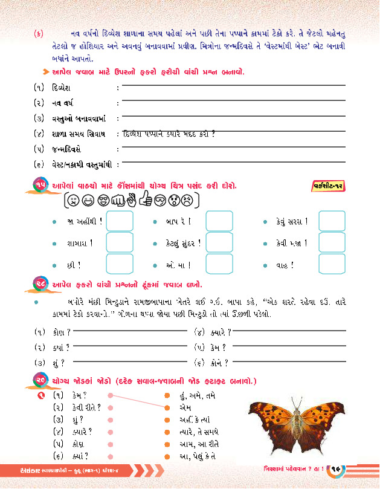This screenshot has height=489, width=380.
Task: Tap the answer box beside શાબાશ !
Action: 120,243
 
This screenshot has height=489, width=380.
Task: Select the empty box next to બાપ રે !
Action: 219,221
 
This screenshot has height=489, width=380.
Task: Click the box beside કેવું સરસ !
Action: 331,221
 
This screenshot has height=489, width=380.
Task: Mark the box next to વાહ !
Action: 331,264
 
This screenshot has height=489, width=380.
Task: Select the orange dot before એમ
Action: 167,408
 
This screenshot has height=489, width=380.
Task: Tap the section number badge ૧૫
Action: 40,184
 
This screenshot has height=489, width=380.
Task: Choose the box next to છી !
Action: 120,264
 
